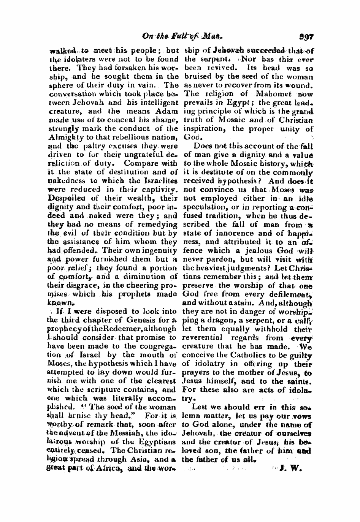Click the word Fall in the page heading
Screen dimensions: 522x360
174,38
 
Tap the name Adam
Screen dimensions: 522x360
165,111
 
